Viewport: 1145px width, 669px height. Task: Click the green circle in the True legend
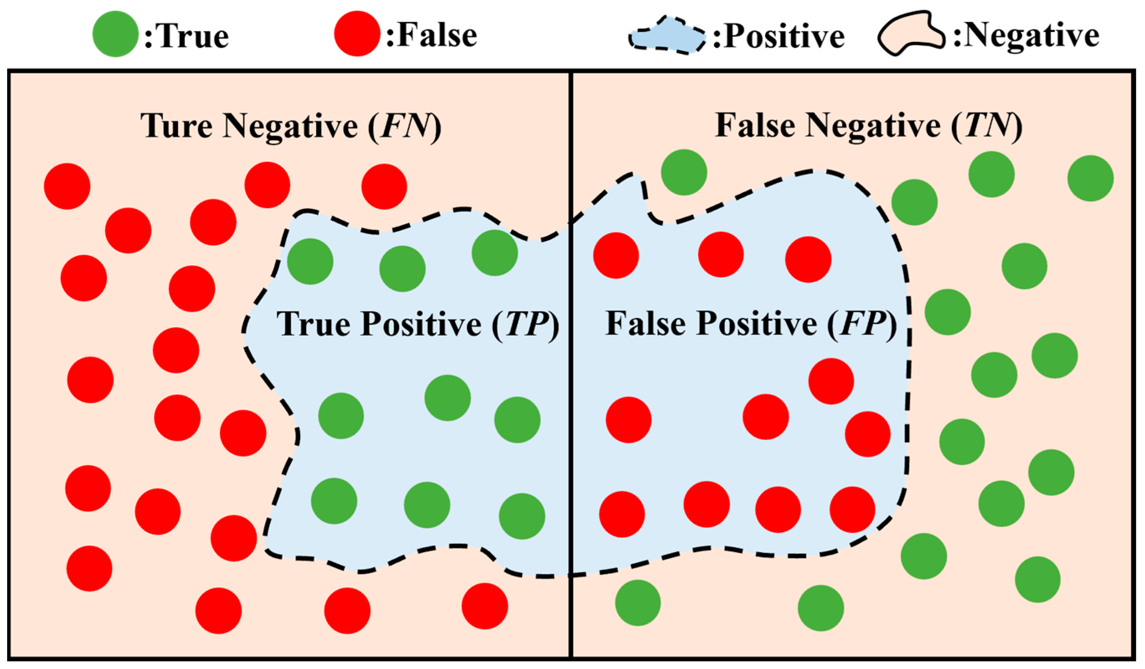(x=116, y=34)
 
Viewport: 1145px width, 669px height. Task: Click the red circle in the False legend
(x=357, y=34)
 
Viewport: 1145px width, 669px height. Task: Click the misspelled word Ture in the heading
(x=176, y=126)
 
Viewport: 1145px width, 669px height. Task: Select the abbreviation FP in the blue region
(x=862, y=324)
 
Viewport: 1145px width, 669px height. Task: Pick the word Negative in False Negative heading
(x=873, y=127)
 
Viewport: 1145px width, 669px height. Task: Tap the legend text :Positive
(x=778, y=36)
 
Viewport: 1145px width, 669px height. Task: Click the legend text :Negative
(x=1026, y=36)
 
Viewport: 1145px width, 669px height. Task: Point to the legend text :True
(x=187, y=36)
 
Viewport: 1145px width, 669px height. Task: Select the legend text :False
(x=432, y=35)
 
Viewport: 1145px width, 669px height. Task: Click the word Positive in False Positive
(x=757, y=324)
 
